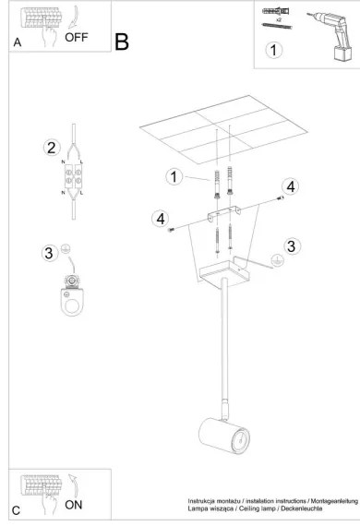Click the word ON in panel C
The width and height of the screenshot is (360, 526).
[72, 505]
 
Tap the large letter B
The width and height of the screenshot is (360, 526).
[122, 42]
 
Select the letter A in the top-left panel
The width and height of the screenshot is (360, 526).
[18, 43]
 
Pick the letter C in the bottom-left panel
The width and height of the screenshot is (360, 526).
[16, 509]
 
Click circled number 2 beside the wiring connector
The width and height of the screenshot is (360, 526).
[52, 147]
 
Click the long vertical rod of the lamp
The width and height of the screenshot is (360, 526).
[222, 341]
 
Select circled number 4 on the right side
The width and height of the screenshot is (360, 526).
[290, 186]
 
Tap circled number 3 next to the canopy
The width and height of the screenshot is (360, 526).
[291, 245]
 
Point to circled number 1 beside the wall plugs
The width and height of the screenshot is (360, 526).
[172, 175]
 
